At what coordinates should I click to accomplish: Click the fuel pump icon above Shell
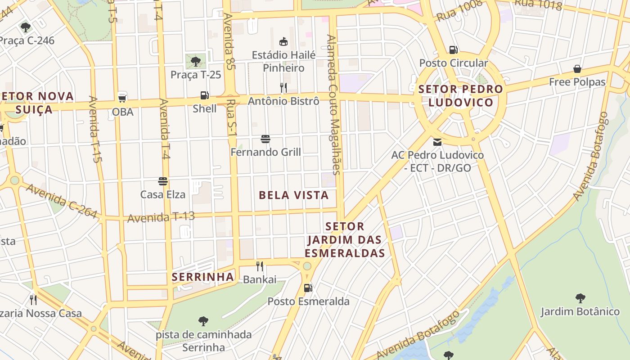click(205, 95)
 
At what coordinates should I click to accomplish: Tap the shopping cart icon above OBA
click(122, 98)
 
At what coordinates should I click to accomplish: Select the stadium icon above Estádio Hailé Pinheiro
click(283, 42)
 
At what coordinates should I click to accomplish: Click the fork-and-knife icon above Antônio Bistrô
click(283, 87)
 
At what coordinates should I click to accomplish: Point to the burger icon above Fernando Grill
click(265, 139)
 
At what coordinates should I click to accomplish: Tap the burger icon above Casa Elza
click(163, 181)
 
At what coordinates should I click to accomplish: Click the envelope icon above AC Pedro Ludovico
click(437, 142)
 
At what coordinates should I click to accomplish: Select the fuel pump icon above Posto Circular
click(454, 50)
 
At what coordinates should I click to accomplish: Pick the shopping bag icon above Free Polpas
click(577, 69)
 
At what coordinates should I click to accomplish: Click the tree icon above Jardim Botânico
click(580, 298)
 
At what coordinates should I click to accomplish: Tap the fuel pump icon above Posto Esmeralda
click(308, 288)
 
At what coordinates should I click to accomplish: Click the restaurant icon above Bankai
click(260, 266)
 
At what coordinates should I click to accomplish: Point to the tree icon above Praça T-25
click(196, 61)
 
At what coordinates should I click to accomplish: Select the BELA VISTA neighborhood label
click(293, 195)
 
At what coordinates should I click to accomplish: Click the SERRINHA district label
click(203, 277)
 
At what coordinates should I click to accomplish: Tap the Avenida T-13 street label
click(161, 217)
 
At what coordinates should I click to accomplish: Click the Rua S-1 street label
click(232, 118)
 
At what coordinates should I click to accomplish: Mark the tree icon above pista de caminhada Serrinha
click(203, 321)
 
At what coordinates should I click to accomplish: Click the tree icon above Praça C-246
click(26, 27)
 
